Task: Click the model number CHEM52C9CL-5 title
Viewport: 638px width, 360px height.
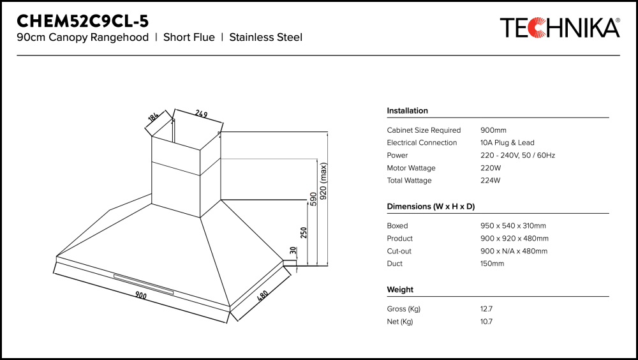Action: [82, 20]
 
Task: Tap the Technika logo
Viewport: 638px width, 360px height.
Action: [560, 28]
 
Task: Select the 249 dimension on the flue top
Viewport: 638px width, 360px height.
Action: [202, 115]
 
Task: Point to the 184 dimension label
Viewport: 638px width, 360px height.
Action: [153, 117]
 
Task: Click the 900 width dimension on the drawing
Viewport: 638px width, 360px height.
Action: [140, 296]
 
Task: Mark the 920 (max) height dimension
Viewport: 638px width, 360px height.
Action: [323, 182]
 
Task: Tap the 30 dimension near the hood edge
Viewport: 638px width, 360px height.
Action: [293, 251]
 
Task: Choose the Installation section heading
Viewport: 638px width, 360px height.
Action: [407, 111]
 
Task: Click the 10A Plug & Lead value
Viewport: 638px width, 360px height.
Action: [507, 143]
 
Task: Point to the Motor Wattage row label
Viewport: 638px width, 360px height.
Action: [411, 168]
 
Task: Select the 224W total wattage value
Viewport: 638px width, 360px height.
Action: [491, 181]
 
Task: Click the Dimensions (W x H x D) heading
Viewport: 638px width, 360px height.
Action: [431, 207]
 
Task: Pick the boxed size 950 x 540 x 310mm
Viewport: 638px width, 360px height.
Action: [513, 226]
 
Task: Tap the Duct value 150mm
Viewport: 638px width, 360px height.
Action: [492, 264]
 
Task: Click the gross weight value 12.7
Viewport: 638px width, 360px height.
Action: [486, 309]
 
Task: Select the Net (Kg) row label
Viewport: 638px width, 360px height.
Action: [399, 322]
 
